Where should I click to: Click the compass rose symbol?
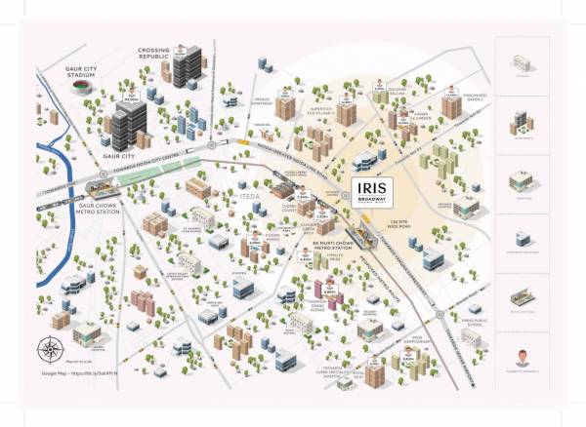pos(50,349)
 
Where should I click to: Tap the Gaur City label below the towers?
pos(119,156)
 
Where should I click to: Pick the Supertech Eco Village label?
pos(323,110)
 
